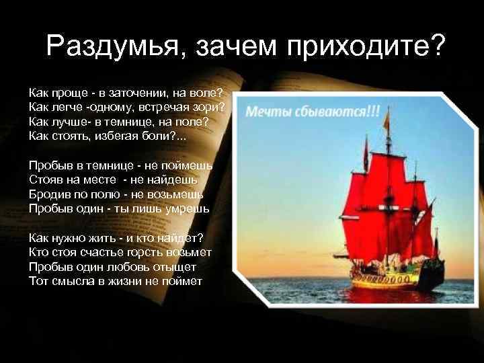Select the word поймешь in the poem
pyautogui.click(x=188, y=165)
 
